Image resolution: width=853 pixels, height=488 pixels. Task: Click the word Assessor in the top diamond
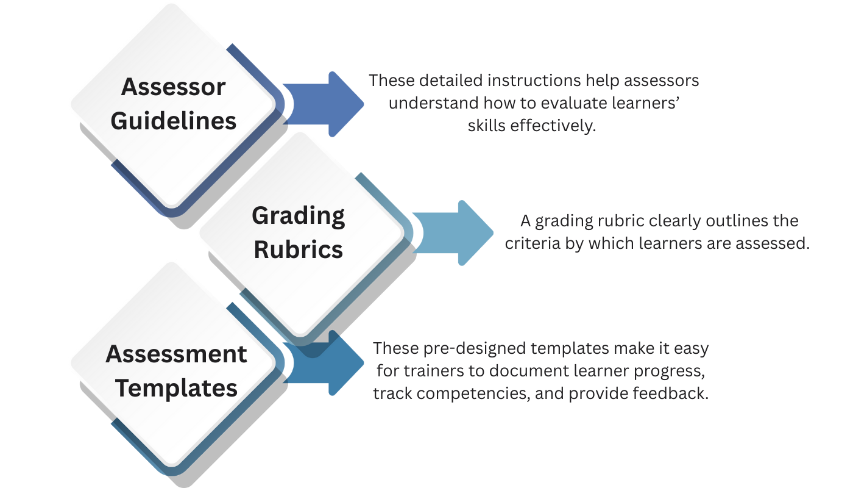coord(174,87)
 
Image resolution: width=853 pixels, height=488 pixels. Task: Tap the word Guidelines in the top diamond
coord(174,121)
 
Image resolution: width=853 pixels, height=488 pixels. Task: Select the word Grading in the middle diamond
coord(299,215)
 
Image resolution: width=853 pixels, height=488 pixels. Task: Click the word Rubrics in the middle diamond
coord(299,249)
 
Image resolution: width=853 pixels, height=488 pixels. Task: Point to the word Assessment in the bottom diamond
coord(177,354)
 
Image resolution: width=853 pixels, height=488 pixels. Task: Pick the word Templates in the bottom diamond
coord(177,388)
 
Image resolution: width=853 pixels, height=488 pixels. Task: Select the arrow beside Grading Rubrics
coord(454,233)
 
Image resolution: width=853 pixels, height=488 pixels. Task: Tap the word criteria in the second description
coord(528,243)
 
